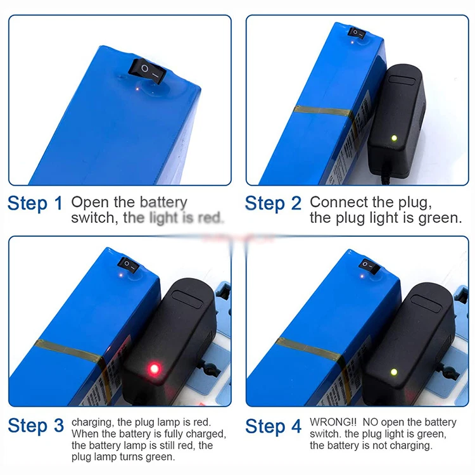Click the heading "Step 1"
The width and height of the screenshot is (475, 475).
tap(35, 204)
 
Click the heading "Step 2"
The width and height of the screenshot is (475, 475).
tap(274, 204)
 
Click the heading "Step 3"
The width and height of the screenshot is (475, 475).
tap(35, 426)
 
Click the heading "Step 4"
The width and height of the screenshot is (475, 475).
tap(274, 426)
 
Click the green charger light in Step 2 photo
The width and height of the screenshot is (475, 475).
tap(393, 137)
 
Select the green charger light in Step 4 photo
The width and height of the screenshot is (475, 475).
tap(393, 372)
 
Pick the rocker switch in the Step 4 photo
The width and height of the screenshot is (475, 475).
tap(368, 265)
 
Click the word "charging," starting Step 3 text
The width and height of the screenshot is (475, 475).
tap(92, 422)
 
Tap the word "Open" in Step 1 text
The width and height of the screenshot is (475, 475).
tap(88, 203)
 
